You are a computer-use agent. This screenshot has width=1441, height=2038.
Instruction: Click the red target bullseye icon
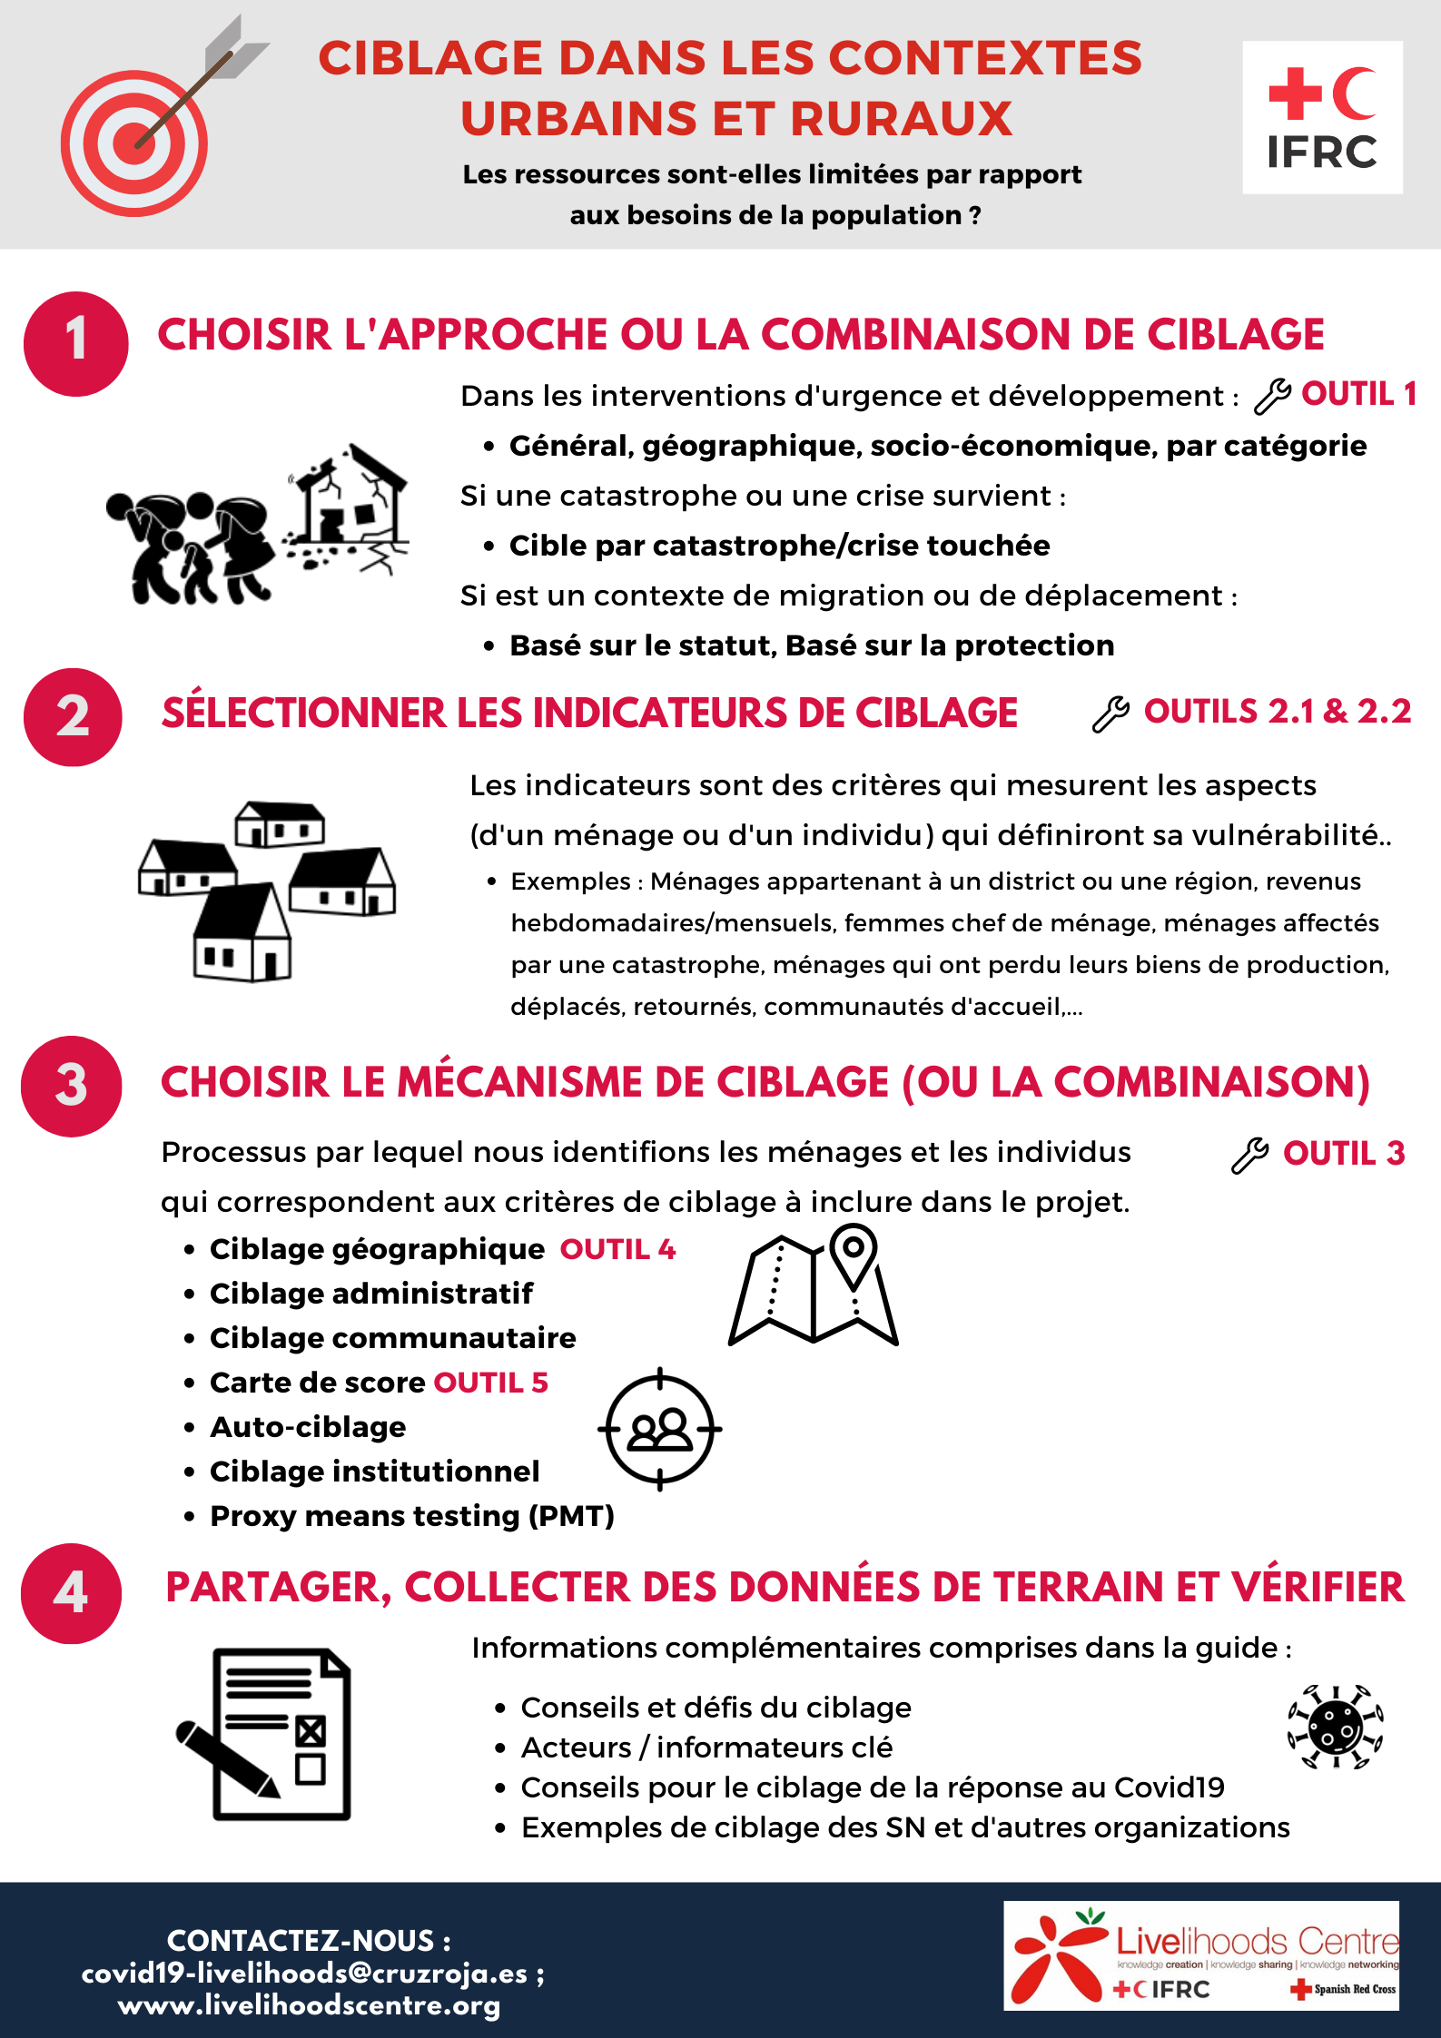tap(134, 143)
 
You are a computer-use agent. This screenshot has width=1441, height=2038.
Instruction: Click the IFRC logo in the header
tap(1322, 117)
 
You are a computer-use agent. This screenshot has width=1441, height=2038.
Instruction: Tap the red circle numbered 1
tap(76, 343)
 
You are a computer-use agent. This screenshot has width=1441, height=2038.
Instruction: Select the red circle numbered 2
tap(73, 717)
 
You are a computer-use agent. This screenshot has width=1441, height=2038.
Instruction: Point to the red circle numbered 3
tap(72, 1086)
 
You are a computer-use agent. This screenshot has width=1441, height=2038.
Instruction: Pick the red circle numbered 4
tap(72, 1593)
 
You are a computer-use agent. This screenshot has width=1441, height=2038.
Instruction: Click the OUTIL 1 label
tap(1357, 394)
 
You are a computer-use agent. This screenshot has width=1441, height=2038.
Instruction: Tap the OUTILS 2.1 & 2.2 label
tap(1277, 712)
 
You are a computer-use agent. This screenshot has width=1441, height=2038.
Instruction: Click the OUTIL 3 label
tap(1343, 1154)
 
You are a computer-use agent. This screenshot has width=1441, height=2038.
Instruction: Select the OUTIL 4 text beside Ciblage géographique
tap(617, 1250)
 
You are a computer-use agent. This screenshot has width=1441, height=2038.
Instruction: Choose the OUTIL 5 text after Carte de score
tap(491, 1383)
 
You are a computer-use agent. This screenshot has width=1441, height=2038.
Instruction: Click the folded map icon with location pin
tap(814, 1285)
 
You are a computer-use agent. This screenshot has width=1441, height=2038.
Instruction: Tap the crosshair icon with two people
tap(660, 1429)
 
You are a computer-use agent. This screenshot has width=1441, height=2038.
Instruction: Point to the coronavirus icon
tap(1335, 1727)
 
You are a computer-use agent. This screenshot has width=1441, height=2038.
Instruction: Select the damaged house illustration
tap(347, 508)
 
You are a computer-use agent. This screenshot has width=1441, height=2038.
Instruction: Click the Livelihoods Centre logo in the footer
tap(1200, 1955)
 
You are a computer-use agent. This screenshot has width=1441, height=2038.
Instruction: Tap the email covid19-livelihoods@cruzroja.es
tap(305, 1974)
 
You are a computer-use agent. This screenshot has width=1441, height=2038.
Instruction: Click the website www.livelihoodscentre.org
tap(310, 2005)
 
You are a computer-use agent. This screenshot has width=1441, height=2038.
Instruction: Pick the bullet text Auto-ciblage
tap(308, 1427)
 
